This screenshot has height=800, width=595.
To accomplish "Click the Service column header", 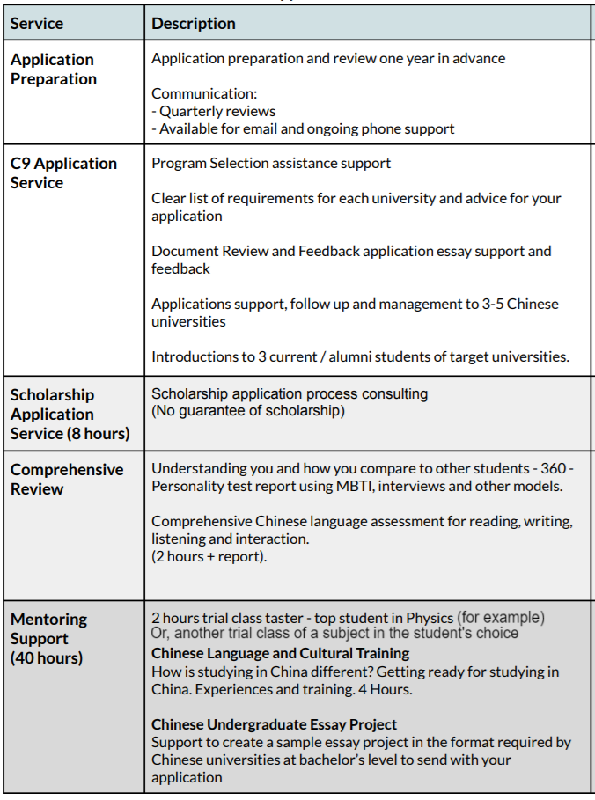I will [38, 24].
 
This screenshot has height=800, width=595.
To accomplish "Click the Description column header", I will [194, 24].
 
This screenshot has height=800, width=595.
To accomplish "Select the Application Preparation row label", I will [53, 70].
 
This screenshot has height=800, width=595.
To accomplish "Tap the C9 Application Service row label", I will [63, 173].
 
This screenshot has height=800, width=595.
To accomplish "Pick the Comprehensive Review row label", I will [67, 479].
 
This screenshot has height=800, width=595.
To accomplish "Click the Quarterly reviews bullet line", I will [214, 111].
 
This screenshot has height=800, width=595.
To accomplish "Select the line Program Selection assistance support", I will [271, 163].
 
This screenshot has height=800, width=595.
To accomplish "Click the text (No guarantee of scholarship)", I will [248, 411].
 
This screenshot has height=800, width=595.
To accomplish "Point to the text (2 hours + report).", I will [209, 557].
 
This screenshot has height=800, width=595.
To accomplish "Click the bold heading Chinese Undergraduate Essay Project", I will [275, 724].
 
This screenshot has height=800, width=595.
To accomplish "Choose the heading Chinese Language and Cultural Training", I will [280, 653].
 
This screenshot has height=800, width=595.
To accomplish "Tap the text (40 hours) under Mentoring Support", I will [47, 657].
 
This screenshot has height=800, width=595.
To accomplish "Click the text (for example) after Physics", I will [501, 618].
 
